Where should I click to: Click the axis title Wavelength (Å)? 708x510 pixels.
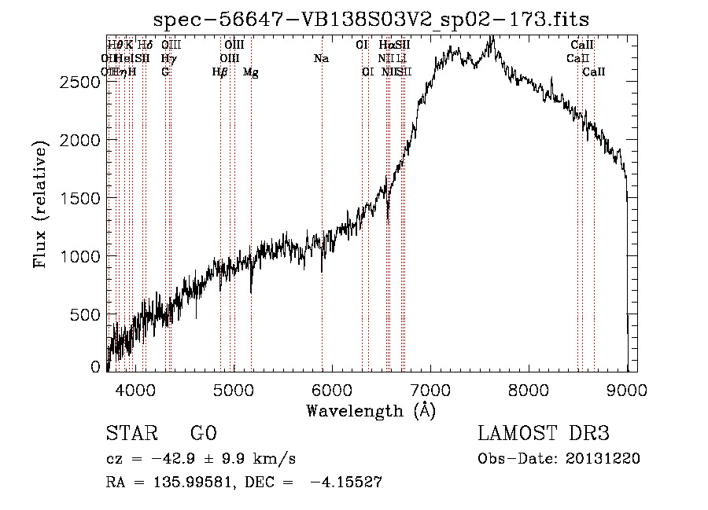tap(371, 410)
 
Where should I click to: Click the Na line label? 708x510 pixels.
tap(321, 58)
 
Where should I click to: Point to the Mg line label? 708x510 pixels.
tap(250, 72)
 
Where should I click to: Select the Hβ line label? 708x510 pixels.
tap(220, 72)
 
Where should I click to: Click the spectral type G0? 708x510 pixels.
tap(203, 434)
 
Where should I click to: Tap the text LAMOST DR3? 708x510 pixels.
tap(543, 434)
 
